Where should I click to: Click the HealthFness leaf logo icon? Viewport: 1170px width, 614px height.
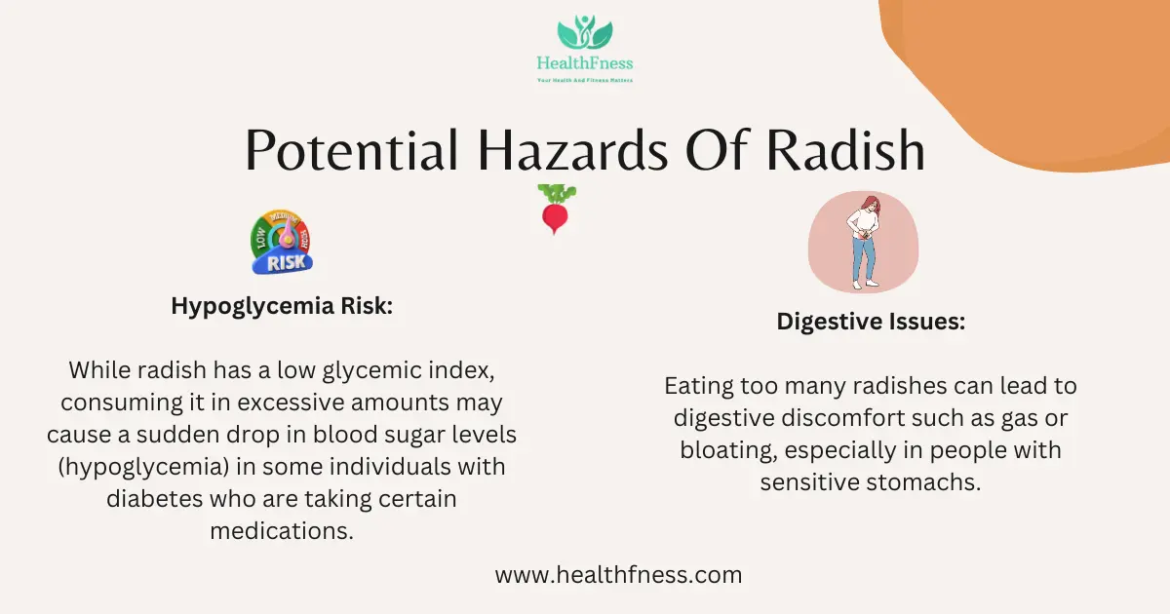pos(584,32)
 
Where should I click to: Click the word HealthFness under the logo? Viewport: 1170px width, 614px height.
pos(584,63)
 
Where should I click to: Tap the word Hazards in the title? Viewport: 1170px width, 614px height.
pos(572,150)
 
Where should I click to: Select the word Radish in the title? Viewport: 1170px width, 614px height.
pos(845,150)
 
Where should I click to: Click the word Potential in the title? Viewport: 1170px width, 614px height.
pos(352,150)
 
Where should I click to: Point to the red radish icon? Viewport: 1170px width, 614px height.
pos(557,209)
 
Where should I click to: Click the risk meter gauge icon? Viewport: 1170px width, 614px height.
pos(282,242)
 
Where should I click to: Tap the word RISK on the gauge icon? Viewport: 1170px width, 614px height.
pos(286,262)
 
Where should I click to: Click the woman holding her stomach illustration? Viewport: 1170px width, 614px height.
pos(864,242)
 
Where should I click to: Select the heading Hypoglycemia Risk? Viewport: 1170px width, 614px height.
pos(282,306)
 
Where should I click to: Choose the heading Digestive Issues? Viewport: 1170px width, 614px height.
pos(871,321)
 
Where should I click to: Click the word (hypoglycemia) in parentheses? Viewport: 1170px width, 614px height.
pos(143,467)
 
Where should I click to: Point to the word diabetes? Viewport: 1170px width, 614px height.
pos(155,499)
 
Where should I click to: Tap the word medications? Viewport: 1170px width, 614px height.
pos(282,531)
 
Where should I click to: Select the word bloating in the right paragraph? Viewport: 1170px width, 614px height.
pos(728,450)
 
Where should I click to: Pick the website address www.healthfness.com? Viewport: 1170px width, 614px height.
pos(619,575)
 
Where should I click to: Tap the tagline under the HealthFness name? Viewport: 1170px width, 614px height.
pos(585,80)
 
